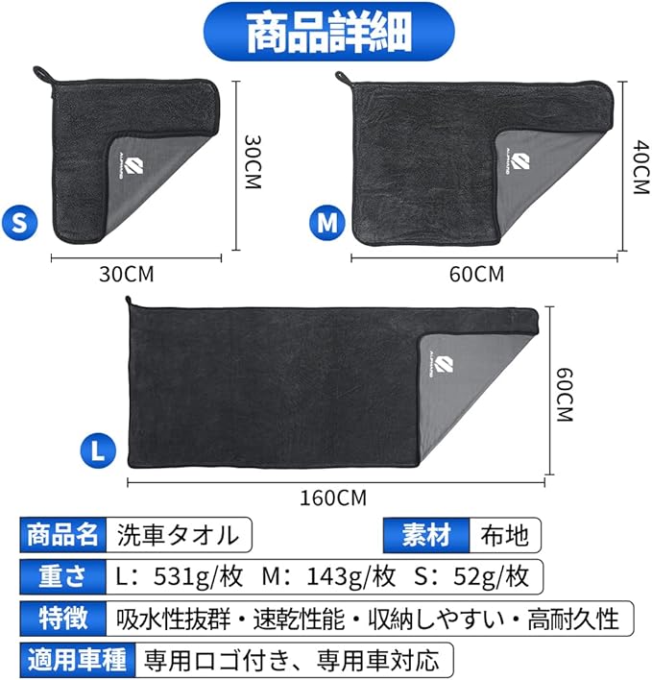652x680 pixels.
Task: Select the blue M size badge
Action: tap(327, 222)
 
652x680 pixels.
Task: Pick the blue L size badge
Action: tap(98, 448)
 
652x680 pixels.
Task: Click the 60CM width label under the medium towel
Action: tap(475, 275)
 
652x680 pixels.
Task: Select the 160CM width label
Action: tap(333, 498)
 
